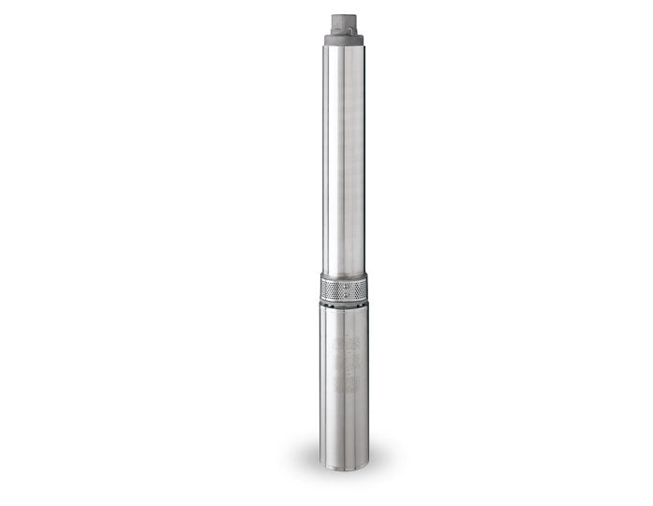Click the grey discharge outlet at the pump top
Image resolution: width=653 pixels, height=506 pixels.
(343, 24)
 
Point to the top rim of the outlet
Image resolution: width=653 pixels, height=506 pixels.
(343, 15)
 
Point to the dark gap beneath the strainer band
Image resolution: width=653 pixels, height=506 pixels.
(343, 305)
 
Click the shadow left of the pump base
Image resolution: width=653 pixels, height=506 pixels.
(304, 459)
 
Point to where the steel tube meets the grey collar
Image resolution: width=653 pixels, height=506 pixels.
(343, 48)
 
